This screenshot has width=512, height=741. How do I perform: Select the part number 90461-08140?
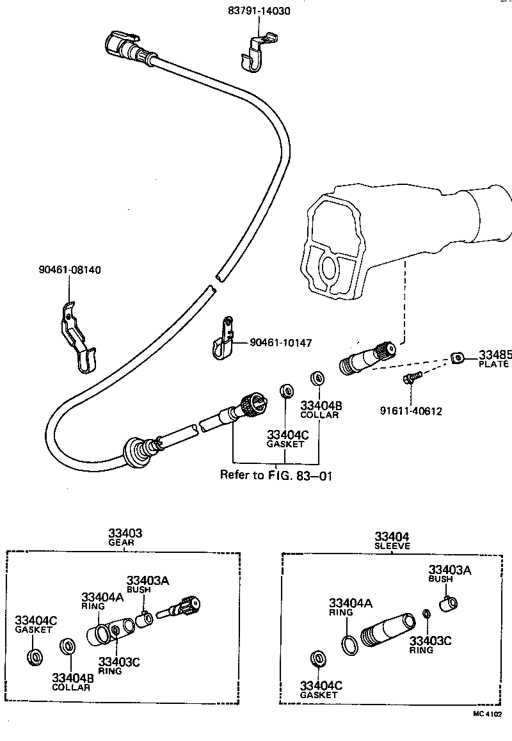tap(68, 270)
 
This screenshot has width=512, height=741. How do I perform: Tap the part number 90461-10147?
tap(280, 344)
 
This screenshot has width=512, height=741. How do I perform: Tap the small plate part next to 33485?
tap(457, 358)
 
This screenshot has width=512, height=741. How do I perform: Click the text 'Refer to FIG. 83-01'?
tap(276, 475)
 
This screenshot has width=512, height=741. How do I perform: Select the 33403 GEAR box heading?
tap(125, 538)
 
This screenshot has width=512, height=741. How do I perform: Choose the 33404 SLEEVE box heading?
tap(392, 540)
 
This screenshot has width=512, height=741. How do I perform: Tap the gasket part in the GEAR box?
tap(36, 657)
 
